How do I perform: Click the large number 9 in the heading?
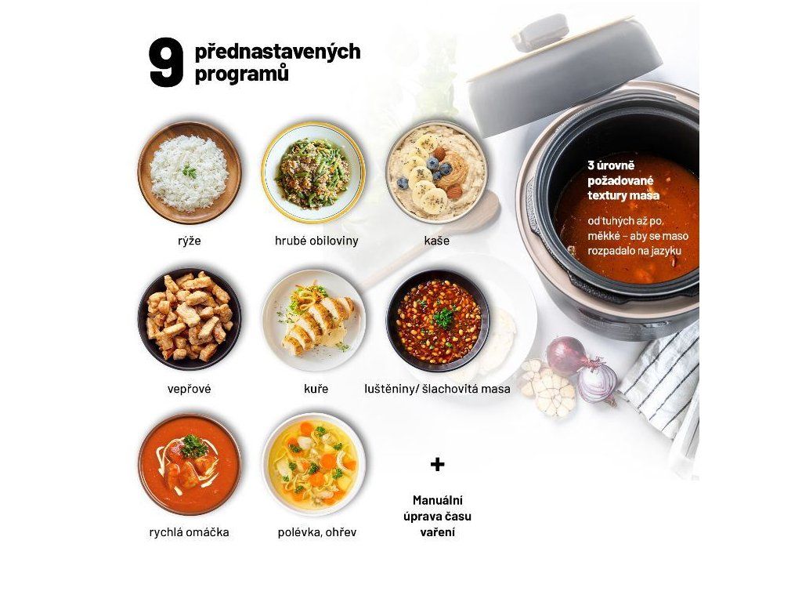point(166,63)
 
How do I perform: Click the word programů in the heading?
point(241,74)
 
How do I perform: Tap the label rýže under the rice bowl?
point(190,241)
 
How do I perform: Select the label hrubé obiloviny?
point(316,240)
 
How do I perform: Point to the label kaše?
point(437,240)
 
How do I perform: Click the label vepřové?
point(190,389)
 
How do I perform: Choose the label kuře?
point(316,389)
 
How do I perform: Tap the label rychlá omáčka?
point(190,532)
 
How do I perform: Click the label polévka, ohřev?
point(317,532)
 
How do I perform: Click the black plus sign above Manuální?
point(437,464)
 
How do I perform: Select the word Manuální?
point(437,500)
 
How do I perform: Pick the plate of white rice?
point(190,173)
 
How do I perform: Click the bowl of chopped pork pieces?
point(190,318)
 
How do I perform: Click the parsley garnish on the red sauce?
point(194,446)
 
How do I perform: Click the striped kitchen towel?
point(666,394)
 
